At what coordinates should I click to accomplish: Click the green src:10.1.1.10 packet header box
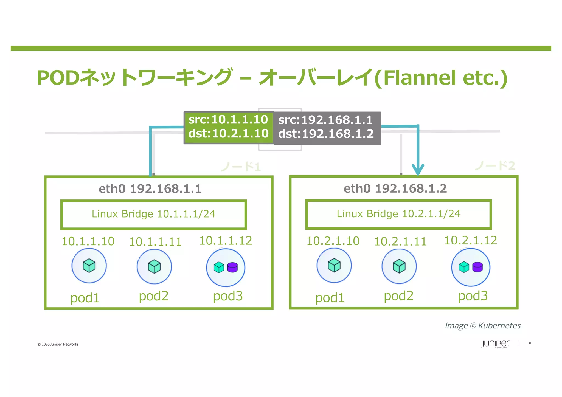click(x=228, y=127)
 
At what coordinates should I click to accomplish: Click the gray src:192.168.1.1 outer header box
click(x=327, y=127)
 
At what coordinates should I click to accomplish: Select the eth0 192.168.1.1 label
click(x=150, y=189)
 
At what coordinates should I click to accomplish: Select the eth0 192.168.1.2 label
click(x=395, y=188)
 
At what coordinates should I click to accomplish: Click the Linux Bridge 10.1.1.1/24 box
click(x=153, y=214)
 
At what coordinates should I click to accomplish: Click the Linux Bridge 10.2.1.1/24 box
click(x=398, y=214)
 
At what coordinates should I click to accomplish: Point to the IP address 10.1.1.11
click(x=155, y=242)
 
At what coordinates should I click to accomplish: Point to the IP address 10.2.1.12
click(x=470, y=241)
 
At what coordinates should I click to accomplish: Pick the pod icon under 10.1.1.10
click(x=89, y=266)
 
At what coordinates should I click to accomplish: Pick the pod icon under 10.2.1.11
click(x=399, y=266)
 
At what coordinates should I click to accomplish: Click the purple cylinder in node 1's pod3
click(x=232, y=267)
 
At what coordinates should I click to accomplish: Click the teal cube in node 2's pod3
click(x=464, y=267)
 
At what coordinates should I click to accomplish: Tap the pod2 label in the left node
click(x=153, y=296)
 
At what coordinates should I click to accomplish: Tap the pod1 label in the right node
click(x=330, y=298)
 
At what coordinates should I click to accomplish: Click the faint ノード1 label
click(x=241, y=167)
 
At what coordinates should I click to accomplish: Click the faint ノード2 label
click(x=495, y=166)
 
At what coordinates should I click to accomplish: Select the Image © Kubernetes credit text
click(x=482, y=326)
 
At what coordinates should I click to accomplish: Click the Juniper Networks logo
click(x=495, y=344)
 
